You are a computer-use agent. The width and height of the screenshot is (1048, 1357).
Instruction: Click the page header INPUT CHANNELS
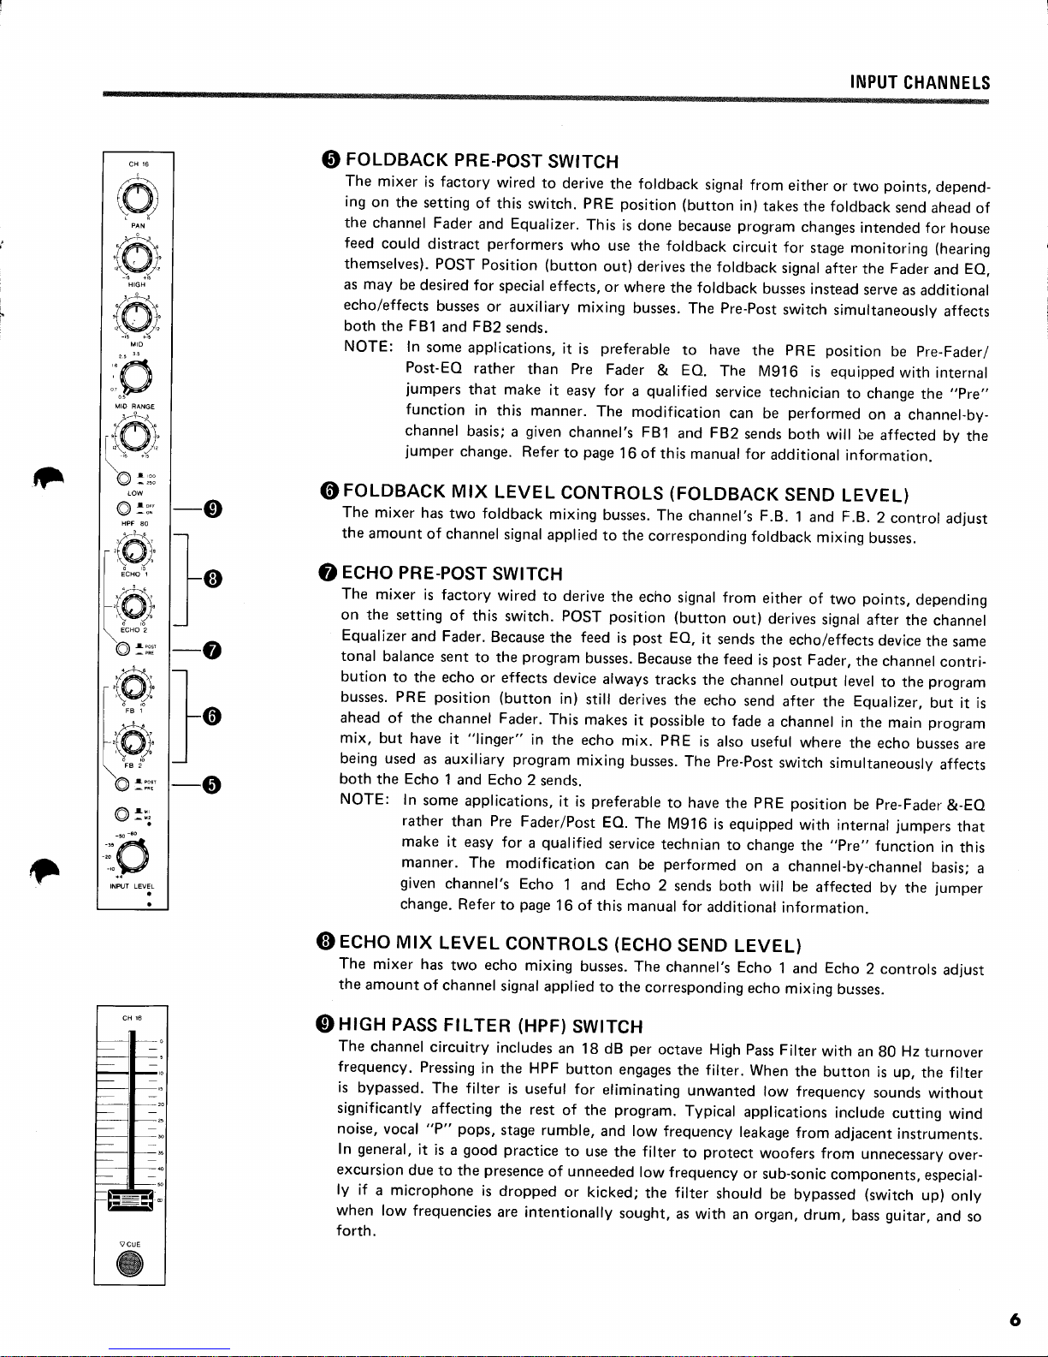(x=920, y=83)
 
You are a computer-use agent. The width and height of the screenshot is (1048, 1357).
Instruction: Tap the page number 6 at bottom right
(x=1015, y=1320)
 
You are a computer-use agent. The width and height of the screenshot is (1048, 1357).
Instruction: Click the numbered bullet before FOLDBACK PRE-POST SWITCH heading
(x=332, y=160)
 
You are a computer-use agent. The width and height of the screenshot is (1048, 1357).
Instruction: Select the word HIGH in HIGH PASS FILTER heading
(x=360, y=1025)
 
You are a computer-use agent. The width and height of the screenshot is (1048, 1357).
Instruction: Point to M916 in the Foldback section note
(x=778, y=371)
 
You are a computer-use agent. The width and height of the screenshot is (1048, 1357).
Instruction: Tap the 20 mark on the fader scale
(x=161, y=1104)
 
